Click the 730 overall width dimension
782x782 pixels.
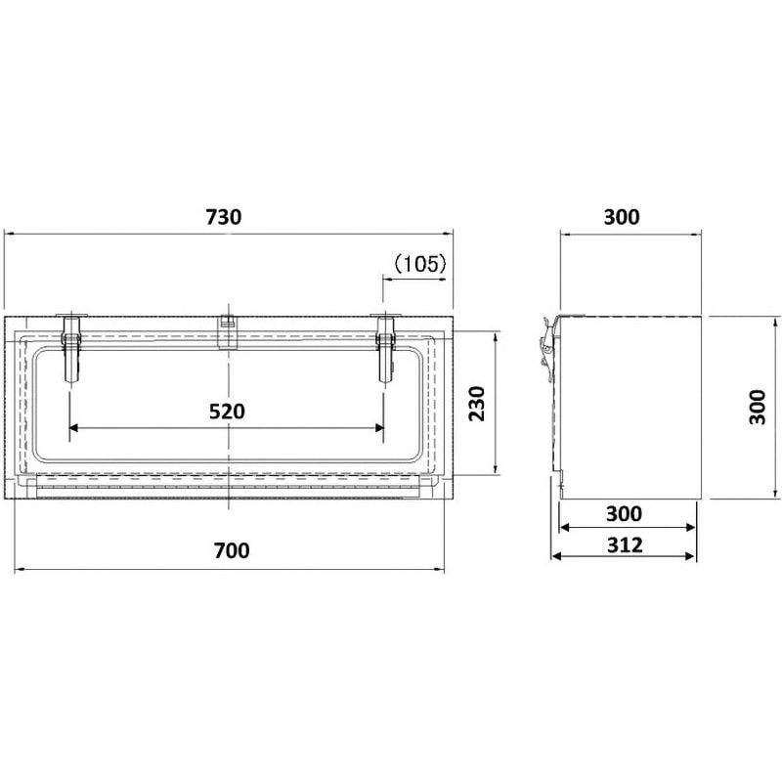224,217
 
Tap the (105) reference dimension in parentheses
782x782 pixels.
420,264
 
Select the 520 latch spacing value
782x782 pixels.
227,412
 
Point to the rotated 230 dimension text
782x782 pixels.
477,403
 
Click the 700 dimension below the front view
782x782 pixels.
232,550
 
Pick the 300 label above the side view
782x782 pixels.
622,217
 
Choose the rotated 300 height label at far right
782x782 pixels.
758,407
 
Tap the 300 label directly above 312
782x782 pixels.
624,514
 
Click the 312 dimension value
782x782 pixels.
625,545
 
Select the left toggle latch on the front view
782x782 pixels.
70,348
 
